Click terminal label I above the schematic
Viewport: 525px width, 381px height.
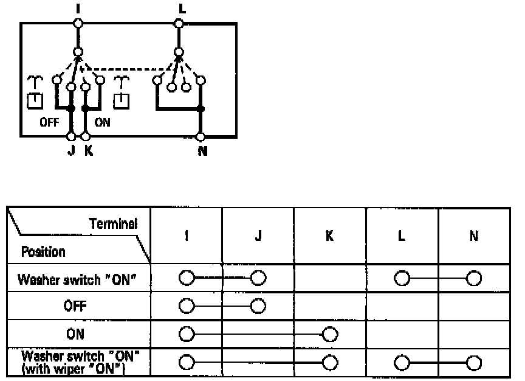coord(77,8)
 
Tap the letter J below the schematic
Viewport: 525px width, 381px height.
coord(71,151)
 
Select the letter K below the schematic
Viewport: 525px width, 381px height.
coord(89,151)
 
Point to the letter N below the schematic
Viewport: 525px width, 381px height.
coord(202,151)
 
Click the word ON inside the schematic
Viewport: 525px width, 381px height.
coord(103,122)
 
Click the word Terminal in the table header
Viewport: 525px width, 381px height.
coord(113,223)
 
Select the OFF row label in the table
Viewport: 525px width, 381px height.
coord(75,306)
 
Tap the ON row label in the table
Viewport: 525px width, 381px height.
coord(75,334)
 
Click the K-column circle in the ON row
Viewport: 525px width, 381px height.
coord(330,334)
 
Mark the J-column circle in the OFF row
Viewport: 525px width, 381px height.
coord(258,306)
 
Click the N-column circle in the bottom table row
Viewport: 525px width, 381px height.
coord(473,362)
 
